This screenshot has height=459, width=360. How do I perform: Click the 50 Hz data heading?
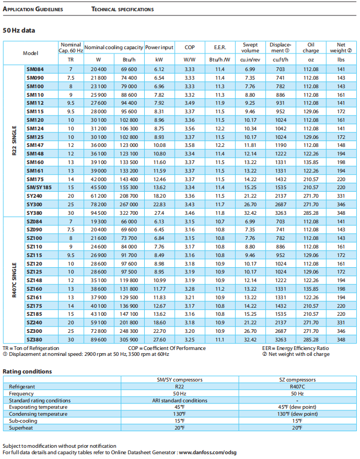(19, 30)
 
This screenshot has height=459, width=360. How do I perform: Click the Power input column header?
(159, 47)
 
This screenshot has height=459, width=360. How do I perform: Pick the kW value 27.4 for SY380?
(159, 213)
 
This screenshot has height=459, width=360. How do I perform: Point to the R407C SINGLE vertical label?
(14, 280)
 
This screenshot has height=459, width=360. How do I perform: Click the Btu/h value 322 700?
(129, 213)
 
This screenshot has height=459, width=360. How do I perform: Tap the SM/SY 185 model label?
(39, 188)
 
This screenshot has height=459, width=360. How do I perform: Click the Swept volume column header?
(250, 47)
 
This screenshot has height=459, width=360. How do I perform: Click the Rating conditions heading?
(27, 371)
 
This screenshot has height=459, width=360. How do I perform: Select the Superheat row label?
(21, 428)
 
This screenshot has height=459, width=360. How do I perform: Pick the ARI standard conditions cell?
(179, 400)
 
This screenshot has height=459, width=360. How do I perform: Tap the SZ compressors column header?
(297, 379)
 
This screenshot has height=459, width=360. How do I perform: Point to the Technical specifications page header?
(122, 9)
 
